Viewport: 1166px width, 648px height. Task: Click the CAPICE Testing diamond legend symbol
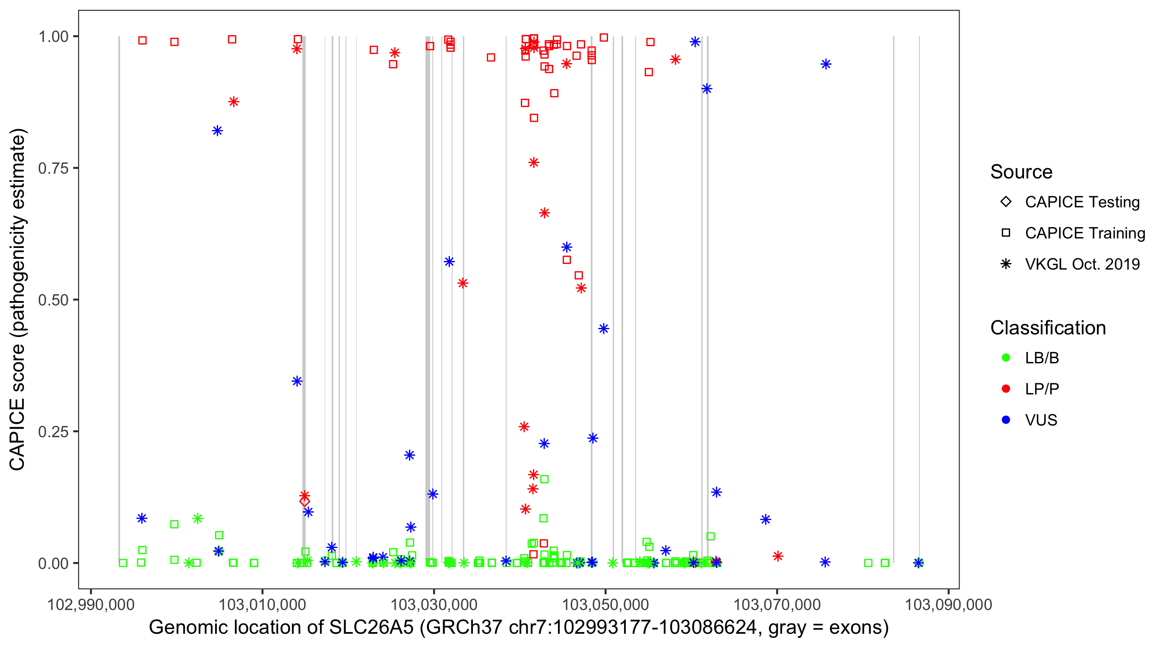pyautogui.click(x=1006, y=202)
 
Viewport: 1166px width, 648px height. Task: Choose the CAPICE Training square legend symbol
pyautogui.click(x=1006, y=233)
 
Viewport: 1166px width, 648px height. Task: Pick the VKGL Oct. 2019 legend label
pyautogui.click(x=1082, y=264)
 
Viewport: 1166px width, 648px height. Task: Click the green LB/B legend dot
pyautogui.click(x=1006, y=358)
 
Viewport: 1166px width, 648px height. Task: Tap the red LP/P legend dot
pyautogui.click(x=1006, y=389)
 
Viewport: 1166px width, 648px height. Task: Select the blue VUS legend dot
pyautogui.click(x=1006, y=420)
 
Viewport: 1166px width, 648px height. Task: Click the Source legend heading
pyautogui.click(x=1021, y=172)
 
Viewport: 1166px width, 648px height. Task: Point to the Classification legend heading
pyautogui.click(x=1048, y=328)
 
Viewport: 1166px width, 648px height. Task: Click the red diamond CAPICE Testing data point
pyautogui.click(x=304, y=501)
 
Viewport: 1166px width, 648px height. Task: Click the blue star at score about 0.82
pyautogui.click(x=217, y=131)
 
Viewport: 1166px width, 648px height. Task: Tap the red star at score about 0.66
pyautogui.click(x=545, y=213)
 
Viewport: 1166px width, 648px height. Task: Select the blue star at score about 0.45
pyautogui.click(x=603, y=329)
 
